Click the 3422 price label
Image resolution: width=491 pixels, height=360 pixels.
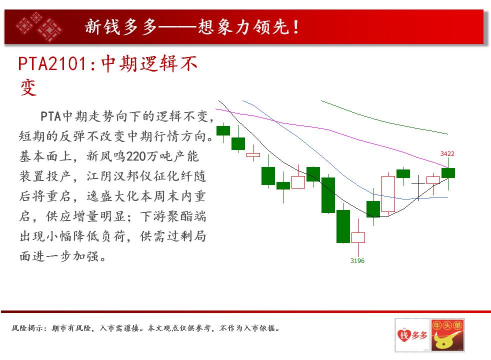pyautogui.click(x=447, y=153)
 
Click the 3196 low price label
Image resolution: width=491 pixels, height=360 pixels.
pyautogui.click(x=357, y=261)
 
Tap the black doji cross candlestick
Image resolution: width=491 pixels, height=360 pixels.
pyautogui.click(x=418, y=187)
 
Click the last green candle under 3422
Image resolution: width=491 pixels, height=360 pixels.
pyautogui.click(x=448, y=173)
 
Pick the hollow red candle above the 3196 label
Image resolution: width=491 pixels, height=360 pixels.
pyautogui.click(x=358, y=237)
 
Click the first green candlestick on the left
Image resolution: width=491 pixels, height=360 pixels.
pyautogui.click(x=223, y=130)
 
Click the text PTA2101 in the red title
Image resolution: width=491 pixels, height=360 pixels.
pyautogui.click(x=52, y=63)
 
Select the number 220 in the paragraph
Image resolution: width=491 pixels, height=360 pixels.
pyautogui.click(x=134, y=156)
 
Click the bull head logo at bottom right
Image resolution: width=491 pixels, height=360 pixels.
pyautogui.click(x=447, y=335)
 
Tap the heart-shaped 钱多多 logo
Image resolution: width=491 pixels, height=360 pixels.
pyautogui.click(x=412, y=335)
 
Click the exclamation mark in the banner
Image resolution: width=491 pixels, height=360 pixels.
pyautogui.click(x=295, y=27)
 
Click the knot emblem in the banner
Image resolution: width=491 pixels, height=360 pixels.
pyautogui.click(x=39, y=27)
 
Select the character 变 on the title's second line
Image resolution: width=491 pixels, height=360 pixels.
pyautogui.click(x=28, y=87)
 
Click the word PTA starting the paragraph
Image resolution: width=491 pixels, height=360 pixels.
pyautogui.click(x=50, y=116)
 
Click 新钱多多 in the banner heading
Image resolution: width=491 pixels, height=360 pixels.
pyautogui.click(x=121, y=27)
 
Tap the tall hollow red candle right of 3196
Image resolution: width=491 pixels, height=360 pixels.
pyautogui.click(x=388, y=194)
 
